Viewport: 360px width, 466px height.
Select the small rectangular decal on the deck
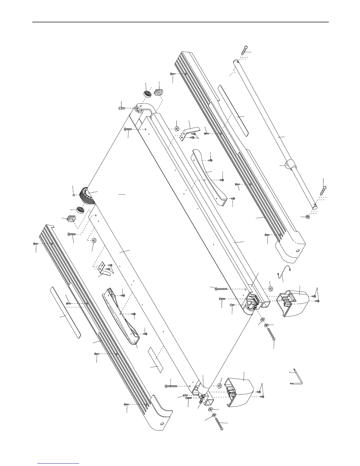[x=155, y=360]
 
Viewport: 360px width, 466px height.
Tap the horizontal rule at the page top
[x=180, y=22]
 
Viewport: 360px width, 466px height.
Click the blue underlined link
[x=59, y=464]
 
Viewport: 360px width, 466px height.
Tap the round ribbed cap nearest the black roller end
[x=80, y=210]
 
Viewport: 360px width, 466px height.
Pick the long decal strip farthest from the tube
[x=65, y=312]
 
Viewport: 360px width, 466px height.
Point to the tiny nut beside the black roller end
[x=74, y=195]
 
